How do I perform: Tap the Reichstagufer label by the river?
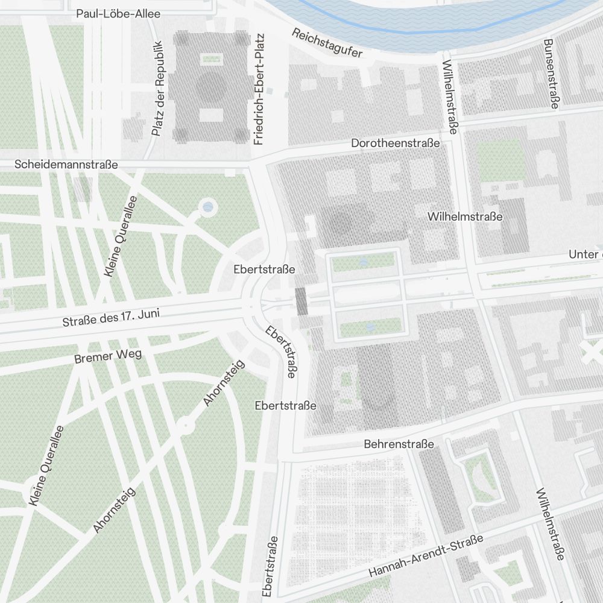tap(327, 43)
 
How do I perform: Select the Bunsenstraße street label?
tap(550, 74)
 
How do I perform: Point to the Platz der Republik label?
tap(157, 88)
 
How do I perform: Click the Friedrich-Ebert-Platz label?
tap(259, 97)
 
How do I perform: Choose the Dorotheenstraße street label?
tap(396, 144)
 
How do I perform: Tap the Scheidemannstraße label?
tap(66, 164)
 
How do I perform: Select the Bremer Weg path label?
tap(108, 357)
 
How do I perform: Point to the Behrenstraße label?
tap(399, 444)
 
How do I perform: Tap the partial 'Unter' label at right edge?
tap(585, 254)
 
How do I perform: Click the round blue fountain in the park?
tap(208, 207)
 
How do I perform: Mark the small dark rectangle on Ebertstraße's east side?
tap(301, 301)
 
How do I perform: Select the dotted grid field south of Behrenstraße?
tap(356, 519)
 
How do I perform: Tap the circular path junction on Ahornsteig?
tap(185, 426)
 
